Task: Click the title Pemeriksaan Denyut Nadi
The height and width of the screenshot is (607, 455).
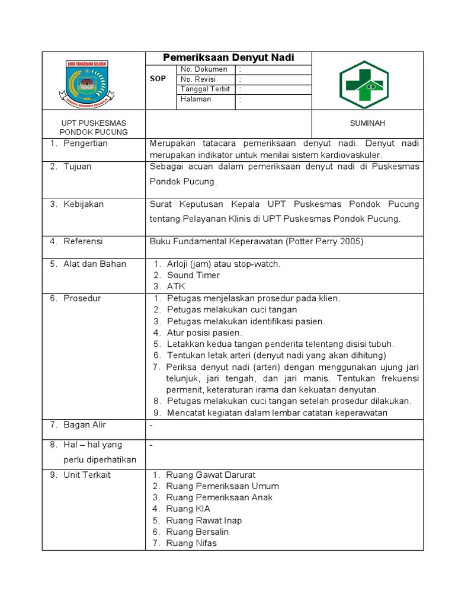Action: click(228, 58)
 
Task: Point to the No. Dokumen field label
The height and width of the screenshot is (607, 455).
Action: click(204, 69)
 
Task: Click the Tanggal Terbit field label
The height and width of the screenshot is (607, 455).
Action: click(206, 89)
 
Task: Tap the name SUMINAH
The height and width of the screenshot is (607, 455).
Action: click(368, 123)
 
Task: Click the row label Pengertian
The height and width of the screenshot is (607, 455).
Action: click(86, 143)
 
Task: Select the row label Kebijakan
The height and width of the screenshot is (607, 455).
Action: click(84, 204)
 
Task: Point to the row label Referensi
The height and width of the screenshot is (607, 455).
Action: click(83, 241)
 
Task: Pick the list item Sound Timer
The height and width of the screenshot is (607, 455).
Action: click(193, 275)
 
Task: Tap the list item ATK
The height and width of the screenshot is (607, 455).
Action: click(177, 286)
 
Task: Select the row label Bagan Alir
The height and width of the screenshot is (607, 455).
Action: click(85, 425)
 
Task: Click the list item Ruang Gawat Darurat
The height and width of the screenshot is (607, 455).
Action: click(211, 475)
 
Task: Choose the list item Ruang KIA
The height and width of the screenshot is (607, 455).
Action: click(188, 509)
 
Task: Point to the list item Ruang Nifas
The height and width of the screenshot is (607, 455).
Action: click(191, 543)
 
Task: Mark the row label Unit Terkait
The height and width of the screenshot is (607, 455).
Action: click(87, 475)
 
